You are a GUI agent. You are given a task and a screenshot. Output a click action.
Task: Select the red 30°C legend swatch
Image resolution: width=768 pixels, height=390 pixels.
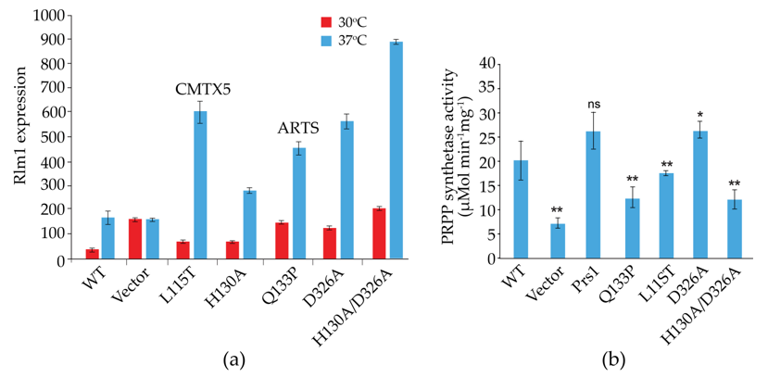coord(325,20)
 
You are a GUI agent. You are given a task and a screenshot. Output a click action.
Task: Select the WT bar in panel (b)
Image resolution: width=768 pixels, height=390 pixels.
coord(522,209)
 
